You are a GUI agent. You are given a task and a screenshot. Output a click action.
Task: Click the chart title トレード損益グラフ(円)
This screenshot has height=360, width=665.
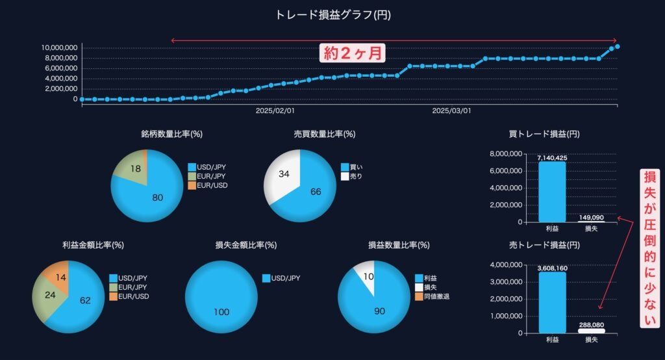click(333, 14)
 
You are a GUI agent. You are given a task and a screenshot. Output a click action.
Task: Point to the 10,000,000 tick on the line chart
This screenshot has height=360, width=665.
click(59, 47)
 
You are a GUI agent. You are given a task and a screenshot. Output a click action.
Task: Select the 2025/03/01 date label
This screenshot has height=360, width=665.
click(451, 111)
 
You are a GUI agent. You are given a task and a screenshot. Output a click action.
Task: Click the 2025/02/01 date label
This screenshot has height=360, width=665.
click(275, 111)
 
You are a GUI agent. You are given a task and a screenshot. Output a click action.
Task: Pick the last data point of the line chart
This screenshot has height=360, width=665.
click(617, 46)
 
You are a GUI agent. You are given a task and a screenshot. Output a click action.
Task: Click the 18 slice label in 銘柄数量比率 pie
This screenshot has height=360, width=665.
click(136, 169)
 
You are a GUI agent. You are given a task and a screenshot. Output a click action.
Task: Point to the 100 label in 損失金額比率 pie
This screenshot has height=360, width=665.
click(221, 312)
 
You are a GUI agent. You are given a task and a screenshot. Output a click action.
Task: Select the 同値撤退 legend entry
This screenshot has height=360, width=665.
click(431, 296)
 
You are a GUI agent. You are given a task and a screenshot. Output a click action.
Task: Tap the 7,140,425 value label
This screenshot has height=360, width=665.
click(552, 157)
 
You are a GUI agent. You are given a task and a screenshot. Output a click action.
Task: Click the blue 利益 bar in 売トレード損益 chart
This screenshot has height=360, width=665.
click(552, 302)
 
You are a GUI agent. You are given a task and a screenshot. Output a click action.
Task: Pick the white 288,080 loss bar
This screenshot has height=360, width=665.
click(591, 331)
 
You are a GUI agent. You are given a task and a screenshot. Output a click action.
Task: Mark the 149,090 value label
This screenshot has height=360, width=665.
click(591, 218)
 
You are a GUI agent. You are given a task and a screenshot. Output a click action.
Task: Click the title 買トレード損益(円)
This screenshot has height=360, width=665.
click(545, 135)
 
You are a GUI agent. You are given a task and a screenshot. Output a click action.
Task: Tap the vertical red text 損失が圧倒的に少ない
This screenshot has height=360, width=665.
click(649, 247)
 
